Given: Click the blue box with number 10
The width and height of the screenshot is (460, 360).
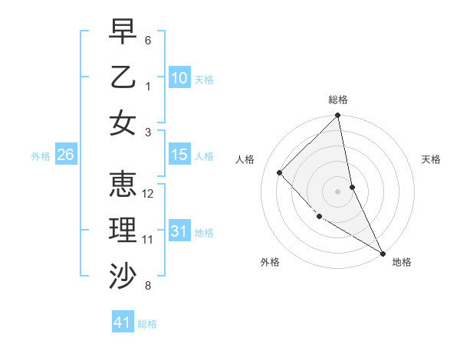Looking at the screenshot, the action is coord(179,78).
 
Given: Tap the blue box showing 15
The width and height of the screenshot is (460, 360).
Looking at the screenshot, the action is coord(179,155).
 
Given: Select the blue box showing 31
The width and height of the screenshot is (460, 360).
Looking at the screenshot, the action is coord(179,231).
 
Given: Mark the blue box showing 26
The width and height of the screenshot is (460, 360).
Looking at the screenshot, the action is coord(65,155).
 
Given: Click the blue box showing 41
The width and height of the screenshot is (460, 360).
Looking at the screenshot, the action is coord(123,322).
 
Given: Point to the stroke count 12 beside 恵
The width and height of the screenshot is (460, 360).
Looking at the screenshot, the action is coord(149,194).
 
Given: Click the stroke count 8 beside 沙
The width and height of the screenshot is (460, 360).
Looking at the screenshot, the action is coord(148,286).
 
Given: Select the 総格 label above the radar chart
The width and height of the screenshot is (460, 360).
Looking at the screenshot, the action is coord(338,100).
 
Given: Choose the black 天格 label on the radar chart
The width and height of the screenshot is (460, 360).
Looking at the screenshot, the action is coord(431,159).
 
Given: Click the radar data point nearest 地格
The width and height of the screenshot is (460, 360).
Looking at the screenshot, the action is coord(383,253).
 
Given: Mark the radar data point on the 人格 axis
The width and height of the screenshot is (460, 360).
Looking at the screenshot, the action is coord(280,172).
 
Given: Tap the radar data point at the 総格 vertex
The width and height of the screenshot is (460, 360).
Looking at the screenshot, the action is coord(338,116).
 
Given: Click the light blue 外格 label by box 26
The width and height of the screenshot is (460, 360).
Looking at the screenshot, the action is coord(41,155).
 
